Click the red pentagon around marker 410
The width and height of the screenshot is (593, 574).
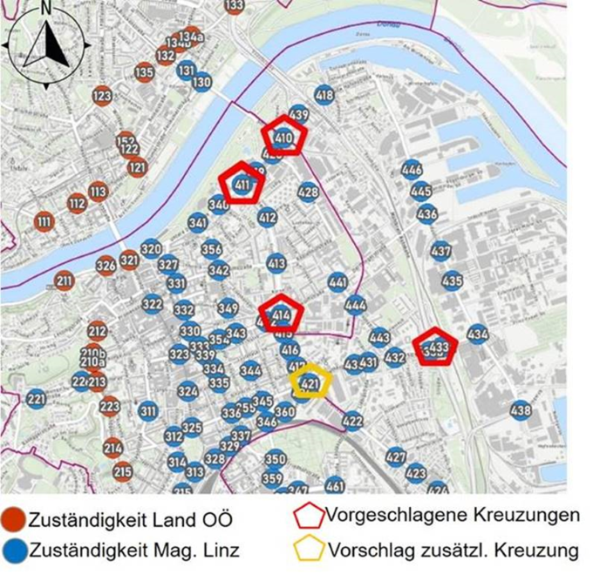coord(284,136)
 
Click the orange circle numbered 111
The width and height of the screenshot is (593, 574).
coord(44,222)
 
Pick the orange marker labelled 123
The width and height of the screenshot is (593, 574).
coord(102,96)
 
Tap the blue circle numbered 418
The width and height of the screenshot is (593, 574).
coord(324,95)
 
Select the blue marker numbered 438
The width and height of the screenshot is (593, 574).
coord(521,410)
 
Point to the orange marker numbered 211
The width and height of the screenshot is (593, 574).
coord(64,280)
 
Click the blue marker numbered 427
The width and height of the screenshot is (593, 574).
coord(396,456)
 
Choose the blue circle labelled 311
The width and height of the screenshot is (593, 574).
coord(148,410)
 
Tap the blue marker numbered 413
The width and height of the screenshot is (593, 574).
coord(276,263)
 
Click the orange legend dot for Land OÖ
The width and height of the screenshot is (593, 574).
coord(13,519)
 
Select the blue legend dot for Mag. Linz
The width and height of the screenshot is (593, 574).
coord(13,550)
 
